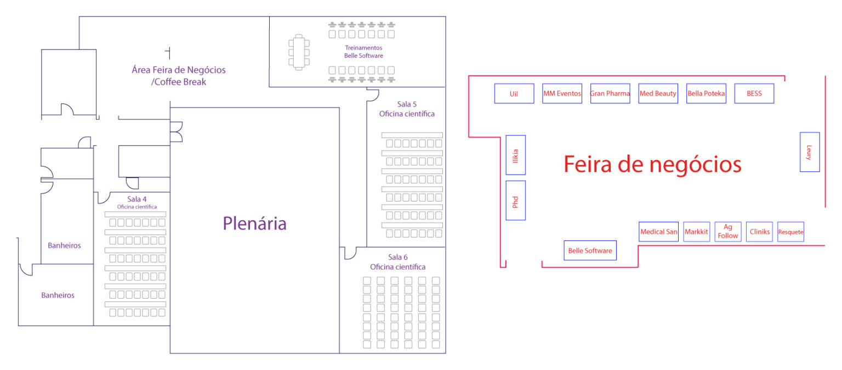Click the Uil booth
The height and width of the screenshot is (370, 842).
coord(514,93)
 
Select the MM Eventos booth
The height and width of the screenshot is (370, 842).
coord(562,93)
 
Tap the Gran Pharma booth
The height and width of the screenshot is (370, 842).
coord(610,93)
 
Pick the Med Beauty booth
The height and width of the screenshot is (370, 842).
coord(658,93)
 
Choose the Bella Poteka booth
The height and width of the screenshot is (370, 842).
coord(706,93)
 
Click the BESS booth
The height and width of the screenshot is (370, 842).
coord(754,93)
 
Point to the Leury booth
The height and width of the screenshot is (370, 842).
coord(809,152)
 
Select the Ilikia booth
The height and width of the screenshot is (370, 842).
coord(515,155)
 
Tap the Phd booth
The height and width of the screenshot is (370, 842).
coord(515,200)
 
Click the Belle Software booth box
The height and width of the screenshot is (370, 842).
coord(590,250)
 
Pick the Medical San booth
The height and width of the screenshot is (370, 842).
coord(659,232)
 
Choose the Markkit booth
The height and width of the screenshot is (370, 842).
coord(697,232)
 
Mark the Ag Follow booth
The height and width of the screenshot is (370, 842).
coord(728,232)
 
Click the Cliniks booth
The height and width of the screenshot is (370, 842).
coord(760,232)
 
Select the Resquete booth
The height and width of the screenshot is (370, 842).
coord(790,232)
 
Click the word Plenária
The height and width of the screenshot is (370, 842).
coord(254,223)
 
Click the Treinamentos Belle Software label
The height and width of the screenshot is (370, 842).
coord(363,52)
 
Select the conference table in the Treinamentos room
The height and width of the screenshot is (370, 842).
coord(299,52)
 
